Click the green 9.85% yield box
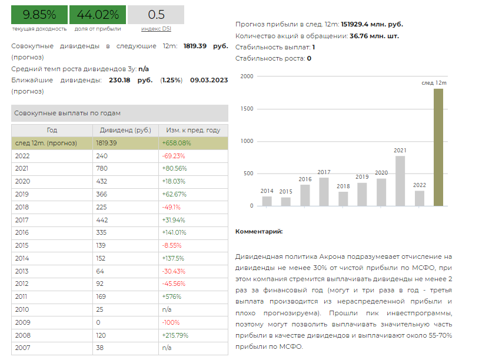point(39,15)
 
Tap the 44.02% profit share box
point(98,15)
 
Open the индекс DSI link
point(156,29)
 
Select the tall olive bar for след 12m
point(438,147)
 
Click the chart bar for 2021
point(400,181)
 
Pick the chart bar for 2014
point(267,201)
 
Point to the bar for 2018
point(343,199)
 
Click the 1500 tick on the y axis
point(247,109)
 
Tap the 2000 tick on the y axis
point(247,76)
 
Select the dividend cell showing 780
point(102,168)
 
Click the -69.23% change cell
point(174,156)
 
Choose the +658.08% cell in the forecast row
point(177,143)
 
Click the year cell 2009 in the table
point(22,322)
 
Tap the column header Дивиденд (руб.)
point(125,130)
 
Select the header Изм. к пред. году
point(193,130)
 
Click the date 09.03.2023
point(209,80)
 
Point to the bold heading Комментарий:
point(259,231)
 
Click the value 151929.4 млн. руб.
point(372,24)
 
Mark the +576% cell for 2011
point(172,296)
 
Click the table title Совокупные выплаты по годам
point(67,114)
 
